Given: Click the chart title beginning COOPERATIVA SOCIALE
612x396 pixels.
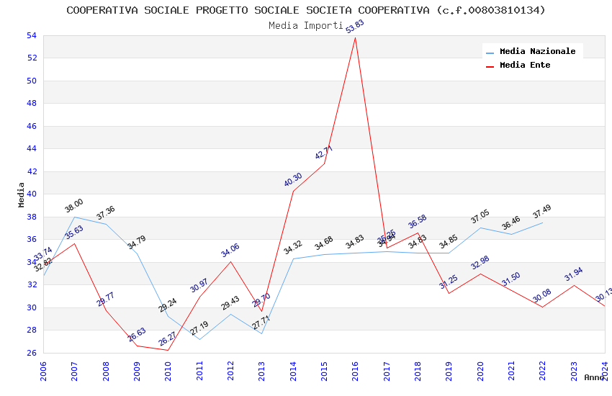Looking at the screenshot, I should coord(306,10).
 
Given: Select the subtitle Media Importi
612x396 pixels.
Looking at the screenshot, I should coord(306,25).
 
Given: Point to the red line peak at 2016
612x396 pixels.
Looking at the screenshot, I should coord(356,37).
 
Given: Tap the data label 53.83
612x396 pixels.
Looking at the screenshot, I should coord(355,27).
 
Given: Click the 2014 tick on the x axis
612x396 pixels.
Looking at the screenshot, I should coord(293,370).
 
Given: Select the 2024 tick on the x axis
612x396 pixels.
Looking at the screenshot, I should coord(605,370).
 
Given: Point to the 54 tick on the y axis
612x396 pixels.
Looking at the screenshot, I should coord(31,35).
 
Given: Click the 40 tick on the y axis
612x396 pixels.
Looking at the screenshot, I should coord(31,194).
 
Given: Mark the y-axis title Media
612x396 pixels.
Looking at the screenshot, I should coord(22,194).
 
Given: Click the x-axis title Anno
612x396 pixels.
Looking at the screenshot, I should coord(594,377).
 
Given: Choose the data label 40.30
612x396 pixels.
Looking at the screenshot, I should coord(293,180).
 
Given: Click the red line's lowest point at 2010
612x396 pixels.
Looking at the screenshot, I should coord(168,350).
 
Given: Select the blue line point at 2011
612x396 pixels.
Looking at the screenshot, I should coord(199,339).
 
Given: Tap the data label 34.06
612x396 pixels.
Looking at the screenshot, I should coord(230,250).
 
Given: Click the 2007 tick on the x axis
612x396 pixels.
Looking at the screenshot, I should coord(75,370).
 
